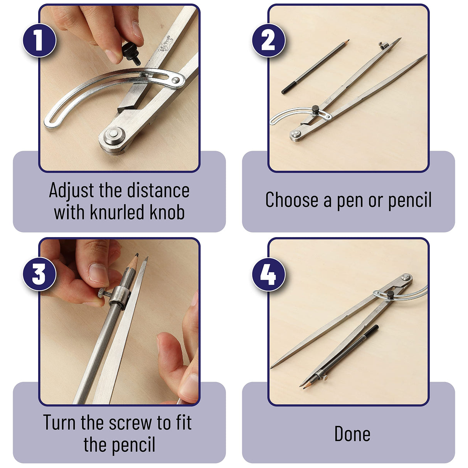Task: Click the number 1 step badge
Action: click(x=40, y=40)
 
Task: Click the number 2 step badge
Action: click(x=269, y=40)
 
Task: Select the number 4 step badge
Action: click(x=269, y=274)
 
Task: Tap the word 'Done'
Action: click(x=352, y=434)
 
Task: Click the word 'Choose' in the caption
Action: click(x=292, y=200)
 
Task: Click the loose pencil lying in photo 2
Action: click(x=315, y=67)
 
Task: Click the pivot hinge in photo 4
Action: click(x=406, y=277)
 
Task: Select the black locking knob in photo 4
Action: click(x=390, y=295)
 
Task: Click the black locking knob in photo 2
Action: click(x=315, y=109)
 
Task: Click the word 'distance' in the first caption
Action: click(x=158, y=190)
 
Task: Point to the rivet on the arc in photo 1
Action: click(x=176, y=80)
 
